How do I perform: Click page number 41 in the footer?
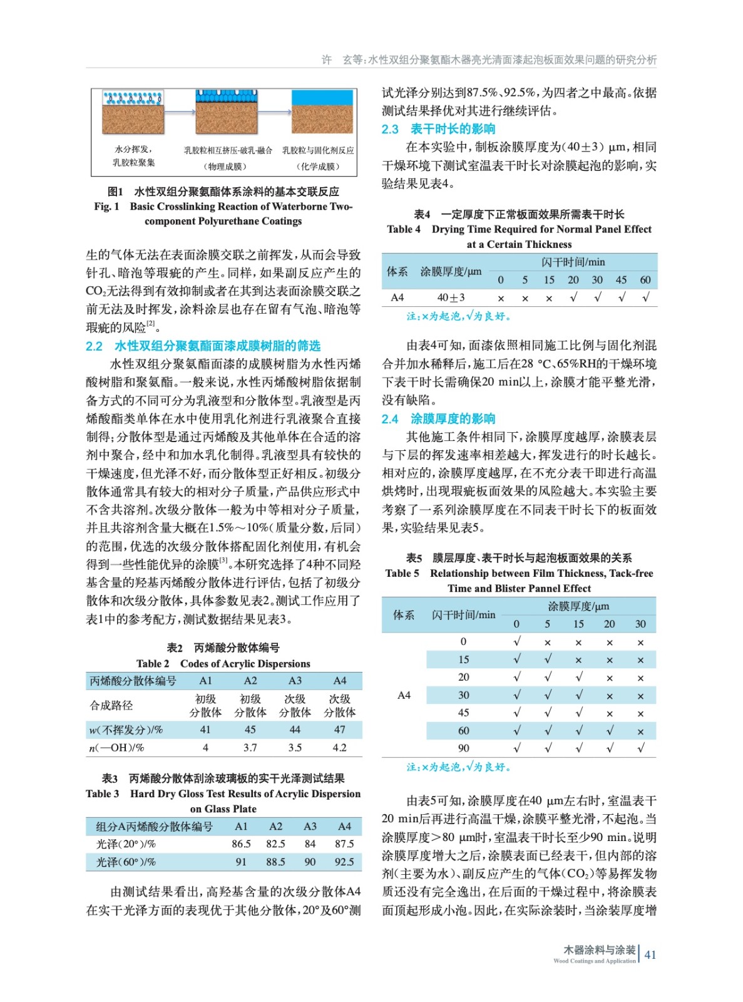tap(650, 954)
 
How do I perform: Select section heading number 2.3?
tap(390, 129)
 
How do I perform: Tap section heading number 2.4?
tap(390, 419)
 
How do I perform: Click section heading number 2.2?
tap(94, 346)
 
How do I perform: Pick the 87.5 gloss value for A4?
tap(344, 844)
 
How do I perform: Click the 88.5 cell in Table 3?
tap(275, 862)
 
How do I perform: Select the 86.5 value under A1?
tap(241, 844)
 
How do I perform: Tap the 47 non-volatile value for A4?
tap(339, 730)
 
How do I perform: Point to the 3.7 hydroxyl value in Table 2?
tap(250, 748)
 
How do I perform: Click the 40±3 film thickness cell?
tap(451, 297)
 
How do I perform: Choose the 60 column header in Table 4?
tap(645, 280)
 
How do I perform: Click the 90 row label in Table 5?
tap(463, 748)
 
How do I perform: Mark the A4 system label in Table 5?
tap(404, 695)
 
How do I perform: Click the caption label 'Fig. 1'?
tap(106, 207)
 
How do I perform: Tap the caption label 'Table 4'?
tap(404, 229)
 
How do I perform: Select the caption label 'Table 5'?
tap(402, 574)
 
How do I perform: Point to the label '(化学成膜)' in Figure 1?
tap(318, 167)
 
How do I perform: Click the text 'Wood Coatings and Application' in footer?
tap(594, 961)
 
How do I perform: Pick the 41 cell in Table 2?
tap(205, 730)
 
